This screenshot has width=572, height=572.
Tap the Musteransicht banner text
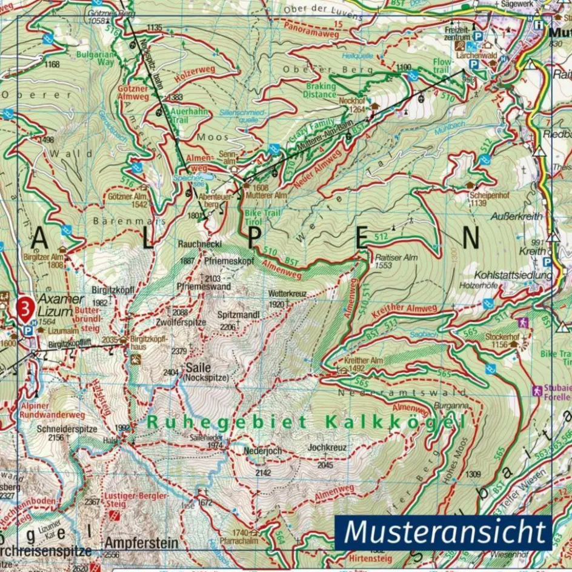(445, 532)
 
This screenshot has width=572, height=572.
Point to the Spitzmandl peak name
(239, 315)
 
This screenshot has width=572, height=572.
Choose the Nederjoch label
(264, 451)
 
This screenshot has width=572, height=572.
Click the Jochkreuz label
(327, 448)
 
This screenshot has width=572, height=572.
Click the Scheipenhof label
(487, 195)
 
